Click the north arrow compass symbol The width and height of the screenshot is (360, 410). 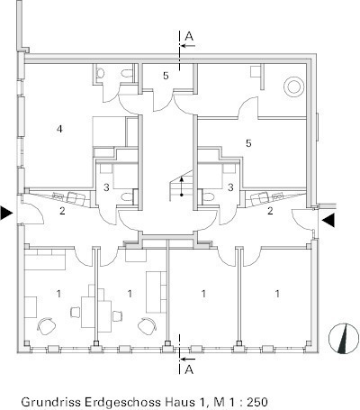344,339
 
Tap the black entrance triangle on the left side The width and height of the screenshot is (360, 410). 6,213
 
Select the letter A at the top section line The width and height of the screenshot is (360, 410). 189,36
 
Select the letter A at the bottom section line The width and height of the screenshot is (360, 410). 189,369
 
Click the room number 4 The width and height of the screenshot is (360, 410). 59,129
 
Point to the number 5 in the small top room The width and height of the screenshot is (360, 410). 166,76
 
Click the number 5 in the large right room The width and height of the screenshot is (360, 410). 248,143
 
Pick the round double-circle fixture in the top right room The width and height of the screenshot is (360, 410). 293,87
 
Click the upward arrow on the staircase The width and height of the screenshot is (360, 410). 182,187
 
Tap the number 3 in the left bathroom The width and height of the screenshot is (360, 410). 106,187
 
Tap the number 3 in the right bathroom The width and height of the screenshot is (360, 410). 230,187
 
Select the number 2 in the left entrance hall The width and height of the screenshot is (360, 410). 62,211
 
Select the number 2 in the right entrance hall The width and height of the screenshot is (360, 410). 270,211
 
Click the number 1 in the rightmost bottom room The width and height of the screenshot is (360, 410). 277,294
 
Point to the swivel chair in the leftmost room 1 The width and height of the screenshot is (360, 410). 47,325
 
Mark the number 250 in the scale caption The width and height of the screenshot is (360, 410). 257,402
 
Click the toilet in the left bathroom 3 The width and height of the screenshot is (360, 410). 128,196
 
